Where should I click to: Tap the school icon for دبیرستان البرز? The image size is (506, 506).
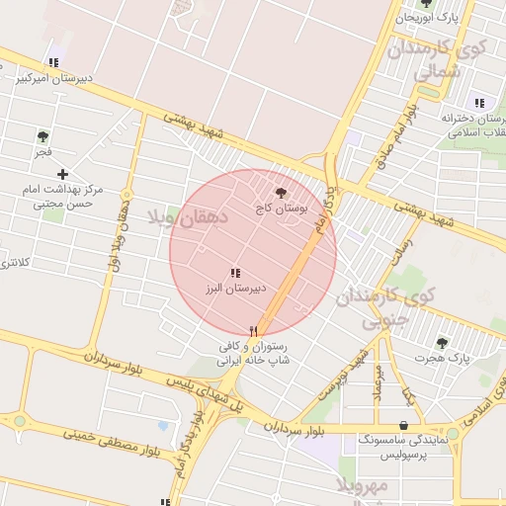[235, 273]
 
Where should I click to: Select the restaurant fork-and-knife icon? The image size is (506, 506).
[254, 332]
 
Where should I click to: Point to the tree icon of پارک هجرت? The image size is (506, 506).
[441, 343]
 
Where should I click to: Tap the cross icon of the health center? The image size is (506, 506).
[62, 174]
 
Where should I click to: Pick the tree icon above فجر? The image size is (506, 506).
[42, 136]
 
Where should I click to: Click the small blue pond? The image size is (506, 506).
[162, 426]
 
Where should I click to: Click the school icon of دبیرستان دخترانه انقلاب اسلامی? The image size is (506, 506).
[479, 103]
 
